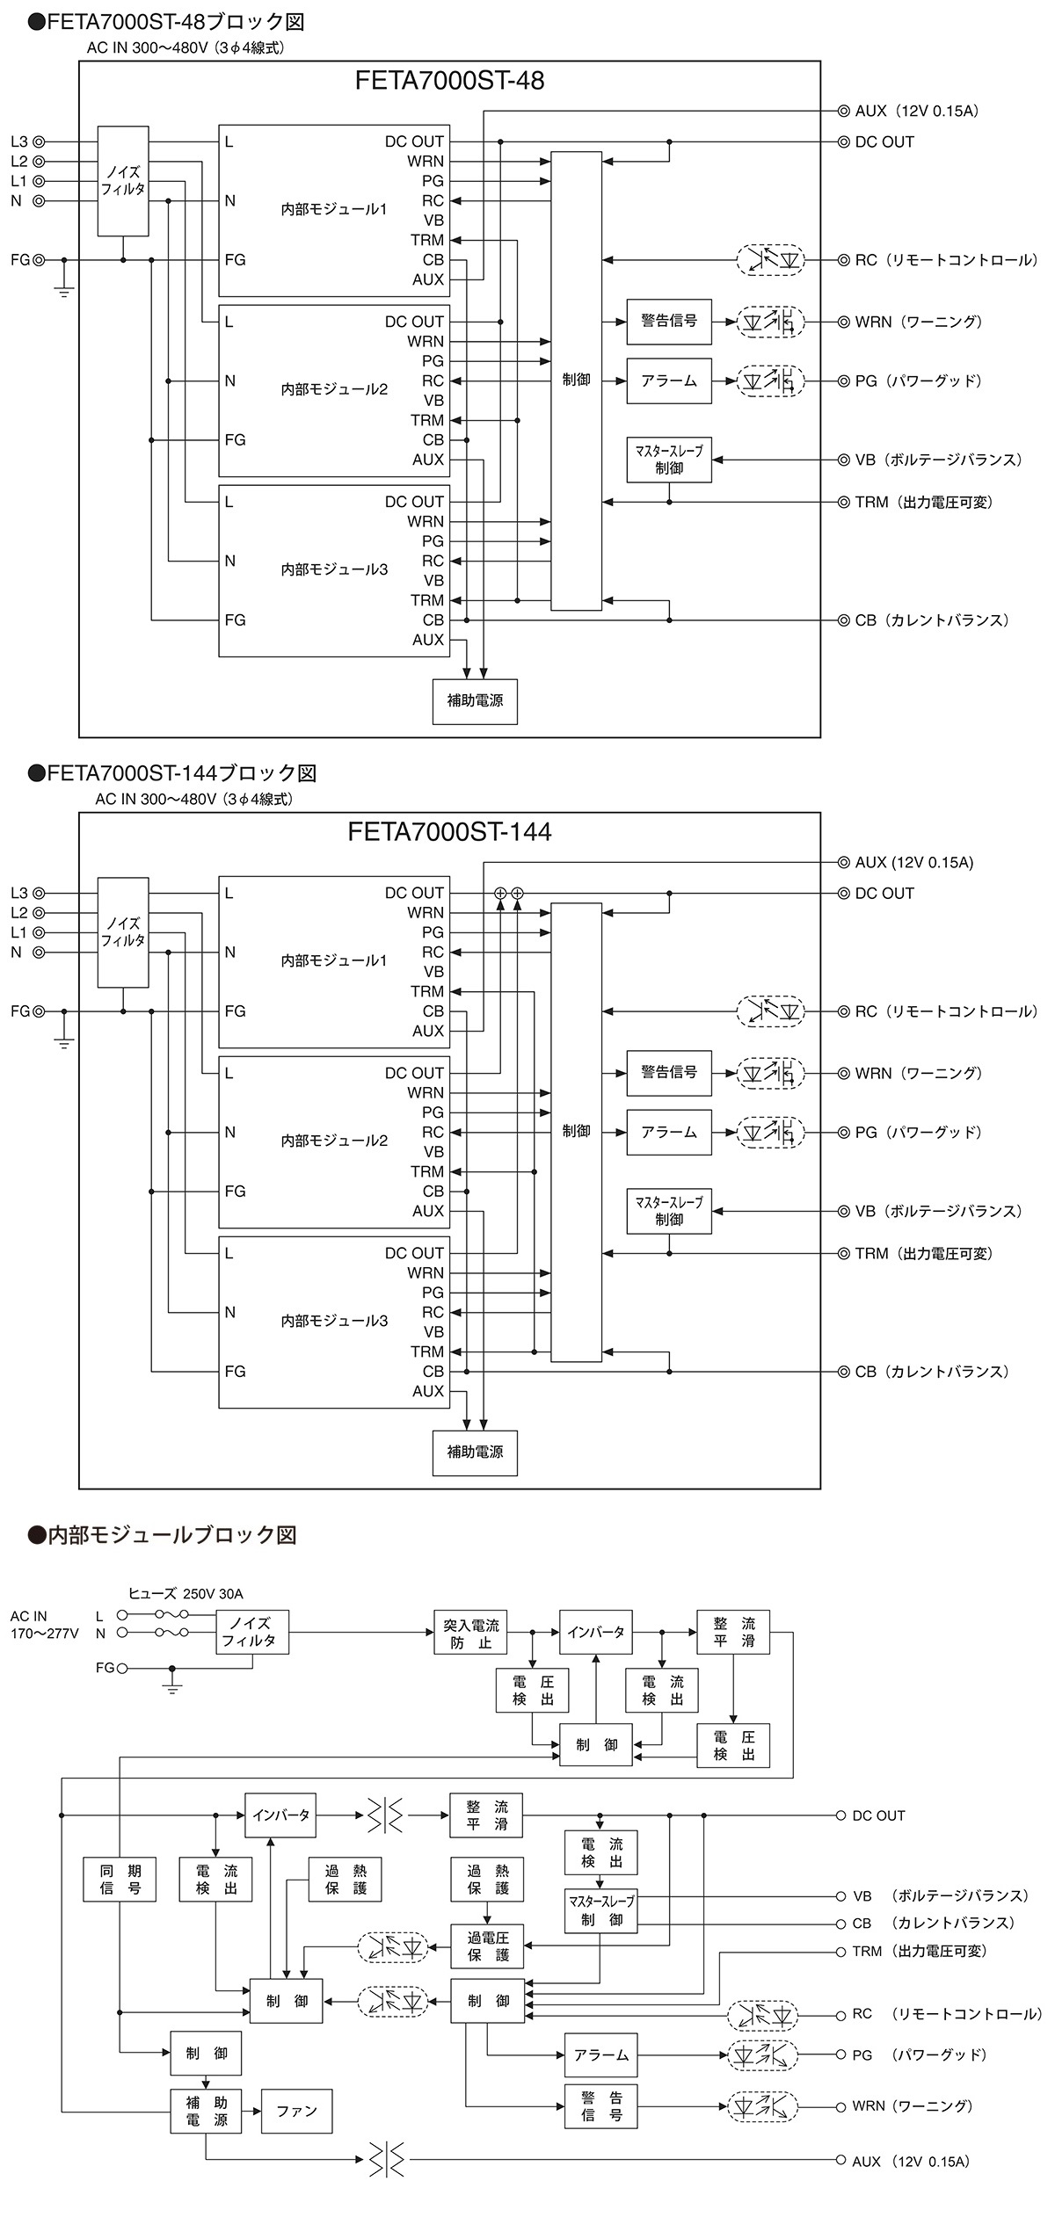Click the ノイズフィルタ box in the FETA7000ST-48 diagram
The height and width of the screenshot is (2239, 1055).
pyautogui.click(x=122, y=181)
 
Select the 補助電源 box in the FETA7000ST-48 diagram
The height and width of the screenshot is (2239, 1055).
pyautogui.click(x=475, y=701)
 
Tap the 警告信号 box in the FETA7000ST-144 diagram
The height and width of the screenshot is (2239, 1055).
pyautogui.click(x=668, y=1072)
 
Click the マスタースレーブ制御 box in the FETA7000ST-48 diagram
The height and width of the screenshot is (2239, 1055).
pyautogui.click(x=668, y=460)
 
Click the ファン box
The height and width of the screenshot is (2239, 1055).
pyautogui.click(x=296, y=2111)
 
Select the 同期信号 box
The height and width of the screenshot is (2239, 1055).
pyautogui.click(x=120, y=1879)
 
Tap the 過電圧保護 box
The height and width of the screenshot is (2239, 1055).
pyautogui.click(x=487, y=1946)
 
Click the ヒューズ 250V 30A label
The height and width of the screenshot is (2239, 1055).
pyautogui.click(x=186, y=1593)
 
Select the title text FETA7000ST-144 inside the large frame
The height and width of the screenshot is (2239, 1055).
pyautogui.click(x=449, y=832)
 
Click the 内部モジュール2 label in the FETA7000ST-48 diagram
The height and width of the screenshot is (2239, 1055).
pyautogui.click(x=334, y=389)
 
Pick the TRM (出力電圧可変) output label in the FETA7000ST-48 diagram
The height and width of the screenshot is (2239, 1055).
pyautogui.click(x=923, y=502)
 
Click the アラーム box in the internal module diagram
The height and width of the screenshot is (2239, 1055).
pyautogui.click(x=600, y=2054)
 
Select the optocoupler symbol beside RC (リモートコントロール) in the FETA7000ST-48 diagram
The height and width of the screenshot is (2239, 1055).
pyautogui.click(x=769, y=260)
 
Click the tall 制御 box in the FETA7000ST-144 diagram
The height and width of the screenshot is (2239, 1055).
pyautogui.click(x=576, y=1132)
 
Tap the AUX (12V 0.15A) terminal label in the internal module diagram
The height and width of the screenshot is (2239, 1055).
pyautogui.click(x=910, y=2161)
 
